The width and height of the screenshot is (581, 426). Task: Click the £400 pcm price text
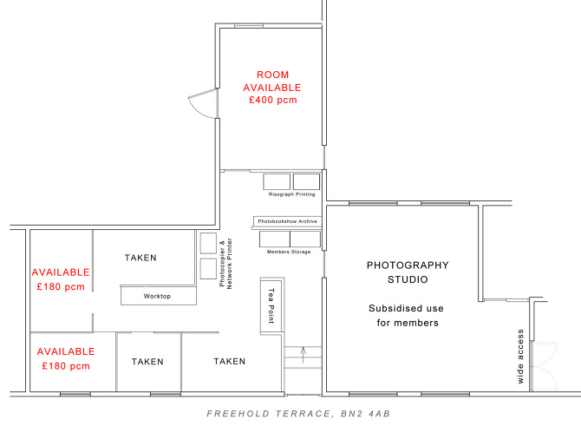coord(272,101)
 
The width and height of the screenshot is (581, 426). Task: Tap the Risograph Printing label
coord(292,194)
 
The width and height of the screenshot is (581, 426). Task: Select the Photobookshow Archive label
coord(287,221)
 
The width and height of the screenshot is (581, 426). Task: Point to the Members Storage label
coord(289,251)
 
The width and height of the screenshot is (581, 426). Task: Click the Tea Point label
coord(271,305)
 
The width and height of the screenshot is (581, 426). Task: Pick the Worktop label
coord(157,297)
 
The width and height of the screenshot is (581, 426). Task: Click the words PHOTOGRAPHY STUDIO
coord(408,272)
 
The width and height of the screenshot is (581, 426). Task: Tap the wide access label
coord(519,356)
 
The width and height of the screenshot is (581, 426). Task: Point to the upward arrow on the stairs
coord(303,351)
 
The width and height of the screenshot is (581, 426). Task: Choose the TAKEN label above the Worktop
coord(141,258)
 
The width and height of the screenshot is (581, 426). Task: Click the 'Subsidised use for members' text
coord(403,316)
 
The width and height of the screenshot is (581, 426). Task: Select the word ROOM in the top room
coord(272,75)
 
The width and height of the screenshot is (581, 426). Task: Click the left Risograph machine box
coord(277,181)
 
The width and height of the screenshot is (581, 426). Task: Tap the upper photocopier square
coord(208,242)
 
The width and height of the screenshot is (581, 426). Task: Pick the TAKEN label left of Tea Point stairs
coord(230,361)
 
